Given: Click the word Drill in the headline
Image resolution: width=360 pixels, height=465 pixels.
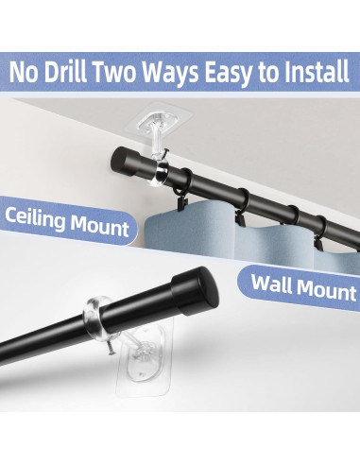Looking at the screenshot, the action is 65,72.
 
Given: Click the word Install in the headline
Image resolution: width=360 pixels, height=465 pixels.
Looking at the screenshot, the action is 317,72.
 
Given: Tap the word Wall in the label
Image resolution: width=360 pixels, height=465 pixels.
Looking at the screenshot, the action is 271,284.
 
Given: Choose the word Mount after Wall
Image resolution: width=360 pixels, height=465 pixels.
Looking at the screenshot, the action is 326,289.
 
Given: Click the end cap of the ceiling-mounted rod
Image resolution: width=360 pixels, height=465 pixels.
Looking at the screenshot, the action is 125,162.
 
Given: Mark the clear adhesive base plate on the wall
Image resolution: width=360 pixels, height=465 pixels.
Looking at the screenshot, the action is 145,359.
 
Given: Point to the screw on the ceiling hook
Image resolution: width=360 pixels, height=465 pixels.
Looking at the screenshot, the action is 163,153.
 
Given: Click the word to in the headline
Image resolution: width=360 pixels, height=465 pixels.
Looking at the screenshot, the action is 268,73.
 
